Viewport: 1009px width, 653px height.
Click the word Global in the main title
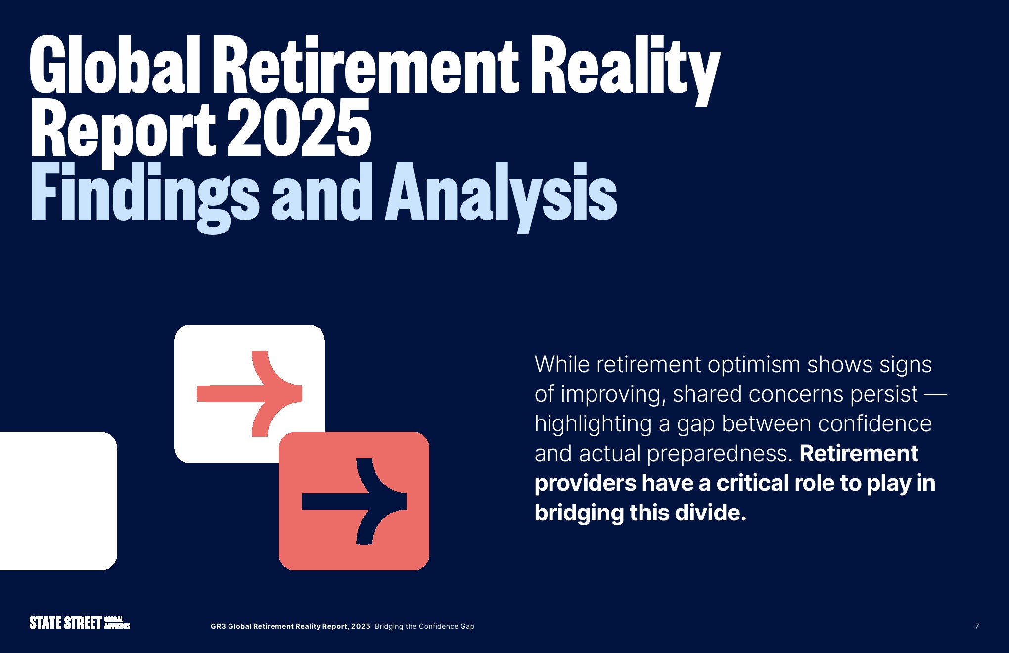(115, 64)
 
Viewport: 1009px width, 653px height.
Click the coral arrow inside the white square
(249, 394)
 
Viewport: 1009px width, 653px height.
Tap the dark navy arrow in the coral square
(354, 501)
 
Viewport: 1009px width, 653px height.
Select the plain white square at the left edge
(58, 501)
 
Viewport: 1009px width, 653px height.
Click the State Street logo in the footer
(80, 623)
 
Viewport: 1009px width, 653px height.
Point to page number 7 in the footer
(977, 626)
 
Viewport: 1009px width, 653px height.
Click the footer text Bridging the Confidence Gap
(424, 626)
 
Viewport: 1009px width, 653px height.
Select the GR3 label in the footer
(218, 626)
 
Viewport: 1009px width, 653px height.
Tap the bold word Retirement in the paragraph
(859, 453)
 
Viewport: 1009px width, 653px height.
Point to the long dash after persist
(936, 395)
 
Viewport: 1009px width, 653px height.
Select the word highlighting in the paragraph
(593, 424)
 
